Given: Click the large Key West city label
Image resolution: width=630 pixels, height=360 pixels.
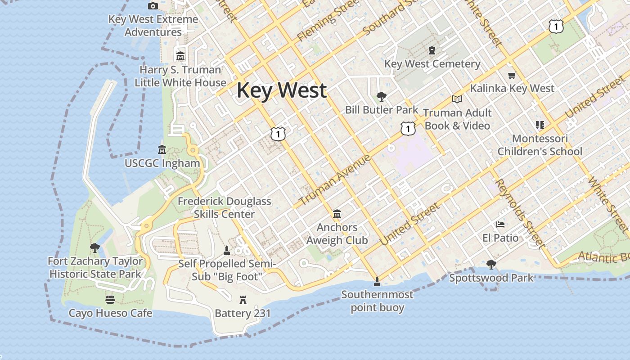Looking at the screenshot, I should click(x=282, y=90).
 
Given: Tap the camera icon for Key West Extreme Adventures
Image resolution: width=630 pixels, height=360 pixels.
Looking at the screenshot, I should click(x=153, y=6).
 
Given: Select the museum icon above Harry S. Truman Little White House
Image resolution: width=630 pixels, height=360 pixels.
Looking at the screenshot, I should click(x=180, y=56).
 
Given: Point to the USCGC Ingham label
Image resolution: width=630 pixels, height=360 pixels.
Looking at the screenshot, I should click(x=162, y=163).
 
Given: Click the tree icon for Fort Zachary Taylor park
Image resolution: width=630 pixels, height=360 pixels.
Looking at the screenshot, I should click(x=94, y=247).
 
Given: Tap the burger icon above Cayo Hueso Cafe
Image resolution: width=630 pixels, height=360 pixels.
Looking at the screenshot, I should click(x=110, y=300).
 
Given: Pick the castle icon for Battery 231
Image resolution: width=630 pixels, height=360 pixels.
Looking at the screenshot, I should click(x=243, y=300).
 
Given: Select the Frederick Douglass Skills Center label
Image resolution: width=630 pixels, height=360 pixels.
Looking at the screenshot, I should click(x=225, y=207).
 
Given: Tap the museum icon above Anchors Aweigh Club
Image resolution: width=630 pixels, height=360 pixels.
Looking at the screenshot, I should click(x=337, y=214).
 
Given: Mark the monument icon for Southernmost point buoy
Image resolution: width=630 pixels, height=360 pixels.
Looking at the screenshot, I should click(x=377, y=282).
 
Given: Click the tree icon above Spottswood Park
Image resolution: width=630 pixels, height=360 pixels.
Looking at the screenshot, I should click(x=491, y=265).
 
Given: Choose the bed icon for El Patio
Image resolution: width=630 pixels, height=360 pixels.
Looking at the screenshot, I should click(x=500, y=224).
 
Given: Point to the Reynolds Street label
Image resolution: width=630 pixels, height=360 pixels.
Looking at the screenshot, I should click(x=520, y=213).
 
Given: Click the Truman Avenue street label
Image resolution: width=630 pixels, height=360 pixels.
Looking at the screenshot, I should click(x=335, y=180).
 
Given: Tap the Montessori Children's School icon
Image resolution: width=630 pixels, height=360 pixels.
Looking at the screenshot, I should click(x=540, y=125).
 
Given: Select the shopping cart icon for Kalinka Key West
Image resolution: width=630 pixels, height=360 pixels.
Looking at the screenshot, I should click(x=512, y=75).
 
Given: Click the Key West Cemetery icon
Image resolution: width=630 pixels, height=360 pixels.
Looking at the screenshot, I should click(x=432, y=50).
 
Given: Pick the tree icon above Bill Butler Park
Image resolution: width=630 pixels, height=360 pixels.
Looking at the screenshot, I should click(x=382, y=96).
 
